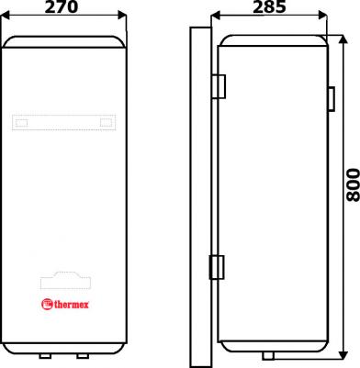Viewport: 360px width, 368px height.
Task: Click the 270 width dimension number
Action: click(x=62, y=7)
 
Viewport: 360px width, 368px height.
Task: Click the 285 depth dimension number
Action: click(x=269, y=7)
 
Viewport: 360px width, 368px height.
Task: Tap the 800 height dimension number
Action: click(x=353, y=184)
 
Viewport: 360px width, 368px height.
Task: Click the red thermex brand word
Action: click(x=72, y=305)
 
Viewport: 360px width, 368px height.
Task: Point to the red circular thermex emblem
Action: click(x=47, y=305)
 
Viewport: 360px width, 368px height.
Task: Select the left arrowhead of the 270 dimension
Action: click(x=6, y=15)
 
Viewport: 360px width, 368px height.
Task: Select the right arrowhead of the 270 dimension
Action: click(x=122, y=15)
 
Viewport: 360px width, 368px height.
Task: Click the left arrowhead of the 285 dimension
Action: click(x=216, y=16)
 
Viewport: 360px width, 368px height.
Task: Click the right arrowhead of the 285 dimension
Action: click(x=322, y=16)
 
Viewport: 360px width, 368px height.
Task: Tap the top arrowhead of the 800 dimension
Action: click(x=344, y=39)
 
